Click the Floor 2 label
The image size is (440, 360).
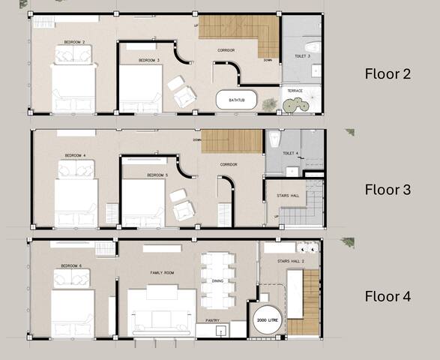[388, 73]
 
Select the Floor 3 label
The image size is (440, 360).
[388, 190]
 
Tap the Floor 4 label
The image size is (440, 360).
[388, 296]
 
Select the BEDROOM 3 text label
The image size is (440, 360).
[148, 60]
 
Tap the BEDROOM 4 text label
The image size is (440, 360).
[75, 155]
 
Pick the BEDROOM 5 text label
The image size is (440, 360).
[157, 175]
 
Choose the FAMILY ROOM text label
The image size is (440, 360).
[163, 273]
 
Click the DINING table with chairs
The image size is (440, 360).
[218, 280]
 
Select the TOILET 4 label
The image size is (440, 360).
[290, 153]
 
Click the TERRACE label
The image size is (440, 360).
[295, 91]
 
